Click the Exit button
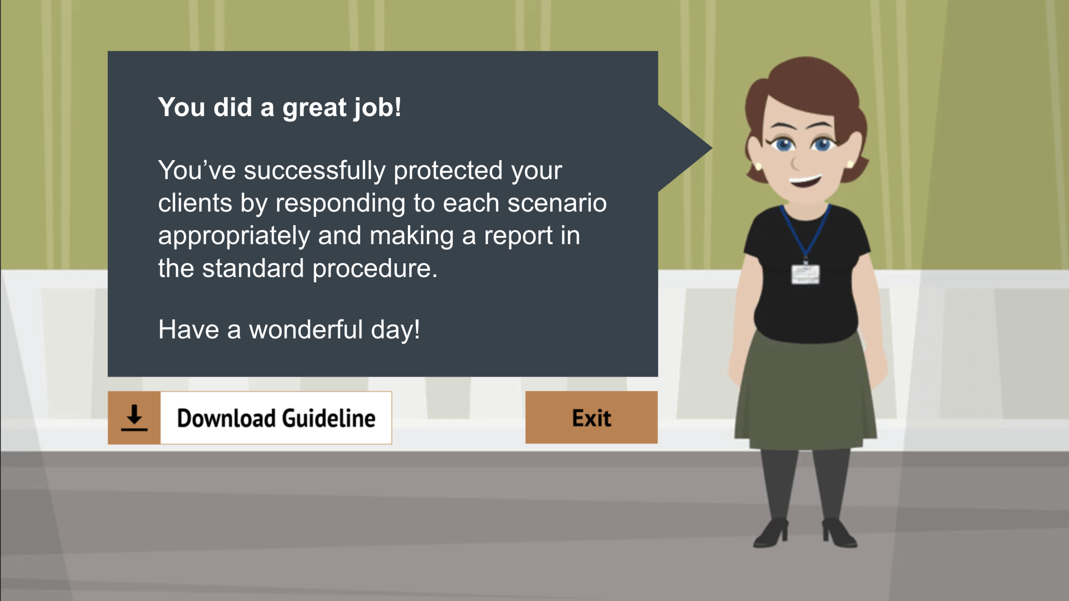(591, 417)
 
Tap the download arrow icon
(134, 418)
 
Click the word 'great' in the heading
(314, 107)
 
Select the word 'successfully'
(315, 171)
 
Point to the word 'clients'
(195, 203)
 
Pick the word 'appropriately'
(234, 236)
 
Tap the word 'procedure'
(375, 269)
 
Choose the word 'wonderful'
(306, 330)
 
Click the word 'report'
(518, 235)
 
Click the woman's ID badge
(805, 274)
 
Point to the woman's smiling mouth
(805, 181)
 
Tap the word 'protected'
(448, 170)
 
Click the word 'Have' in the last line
(188, 330)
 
